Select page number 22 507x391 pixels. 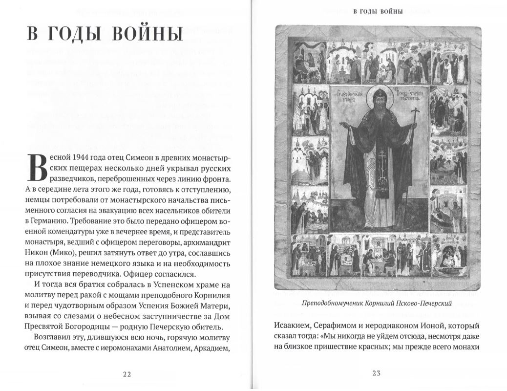[127, 374]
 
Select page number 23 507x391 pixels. [376, 374]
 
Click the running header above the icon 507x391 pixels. [378, 12]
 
